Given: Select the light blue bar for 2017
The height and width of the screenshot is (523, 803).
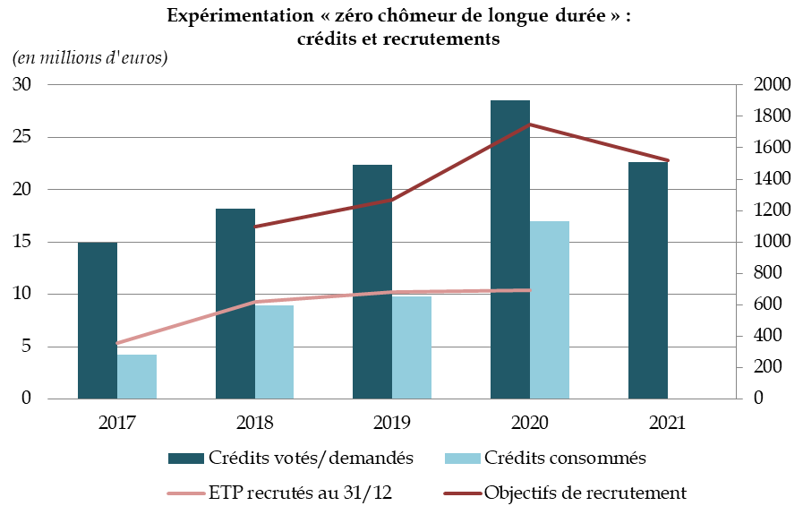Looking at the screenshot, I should click(137, 376).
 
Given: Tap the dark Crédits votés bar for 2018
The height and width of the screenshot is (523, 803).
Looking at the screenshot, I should click(235, 269).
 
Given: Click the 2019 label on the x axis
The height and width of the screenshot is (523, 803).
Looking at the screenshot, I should click(392, 423).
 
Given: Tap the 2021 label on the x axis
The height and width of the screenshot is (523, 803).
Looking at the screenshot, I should click(668, 423).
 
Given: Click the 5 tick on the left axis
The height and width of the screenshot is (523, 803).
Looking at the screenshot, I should click(26, 347).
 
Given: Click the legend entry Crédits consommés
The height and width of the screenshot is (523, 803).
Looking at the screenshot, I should click(565, 459).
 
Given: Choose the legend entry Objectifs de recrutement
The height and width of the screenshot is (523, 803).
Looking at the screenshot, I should click(585, 493).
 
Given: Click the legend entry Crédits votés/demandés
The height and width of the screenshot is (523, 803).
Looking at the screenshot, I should click(310, 459).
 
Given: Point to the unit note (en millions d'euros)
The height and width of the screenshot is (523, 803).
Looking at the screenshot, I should click(90, 58).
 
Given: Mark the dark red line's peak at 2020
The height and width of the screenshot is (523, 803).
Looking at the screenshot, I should click(530, 124).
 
